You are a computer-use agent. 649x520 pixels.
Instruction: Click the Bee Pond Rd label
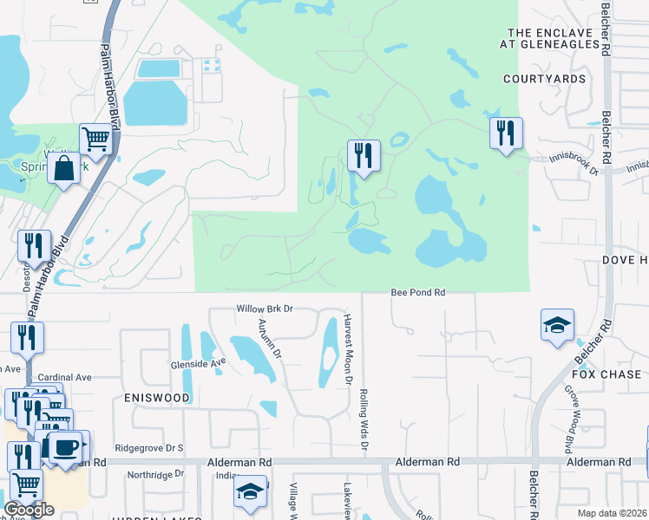tap(417, 294)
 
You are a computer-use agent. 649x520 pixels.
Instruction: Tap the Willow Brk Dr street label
tap(265, 308)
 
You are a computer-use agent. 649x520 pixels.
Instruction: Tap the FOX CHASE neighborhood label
tap(607, 374)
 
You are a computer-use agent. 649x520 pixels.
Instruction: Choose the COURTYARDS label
tap(544, 79)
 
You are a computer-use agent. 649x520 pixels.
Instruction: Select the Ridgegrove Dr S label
tap(150, 448)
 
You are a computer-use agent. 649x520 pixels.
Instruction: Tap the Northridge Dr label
tap(155, 474)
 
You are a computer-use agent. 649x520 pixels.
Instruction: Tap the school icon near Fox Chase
tap(557, 325)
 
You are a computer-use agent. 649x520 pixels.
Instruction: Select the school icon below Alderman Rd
tap(250, 491)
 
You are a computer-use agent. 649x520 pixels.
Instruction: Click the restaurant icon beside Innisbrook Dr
tap(505, 133)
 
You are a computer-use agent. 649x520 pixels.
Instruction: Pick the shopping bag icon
tap(64, 167)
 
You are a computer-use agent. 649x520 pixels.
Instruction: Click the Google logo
tap(28, 510)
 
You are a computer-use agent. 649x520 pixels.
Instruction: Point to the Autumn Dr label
tap(269, 339)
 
